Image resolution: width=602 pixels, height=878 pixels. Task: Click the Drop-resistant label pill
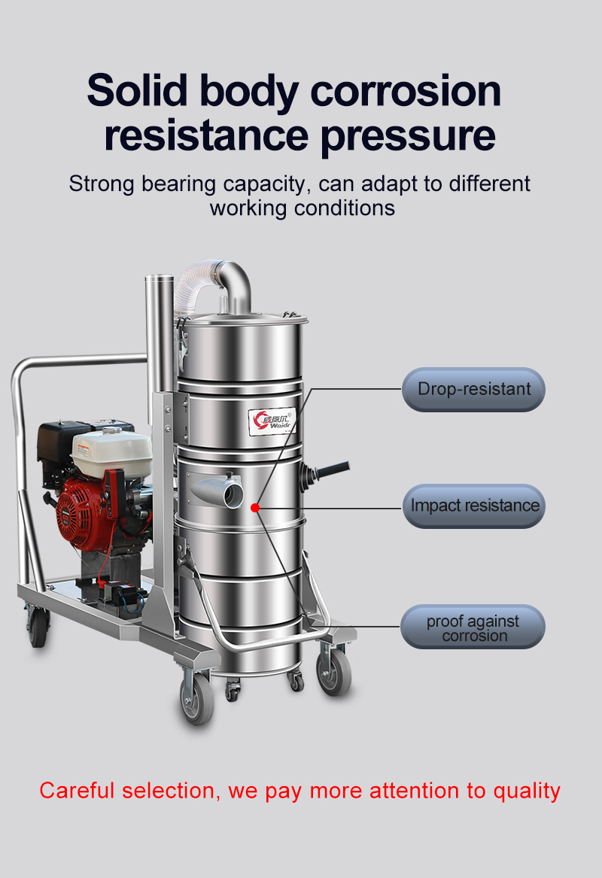coord(473,389)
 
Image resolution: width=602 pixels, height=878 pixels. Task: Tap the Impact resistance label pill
coord(474,506)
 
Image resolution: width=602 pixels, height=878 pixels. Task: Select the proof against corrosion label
coord(473,627)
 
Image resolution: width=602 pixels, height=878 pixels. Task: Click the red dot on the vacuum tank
coord(255,508)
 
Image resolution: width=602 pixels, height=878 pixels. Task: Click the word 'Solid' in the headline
coord(137,90)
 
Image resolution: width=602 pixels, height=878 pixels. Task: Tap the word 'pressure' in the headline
coord(409,136)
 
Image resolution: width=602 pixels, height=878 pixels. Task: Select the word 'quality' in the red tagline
coord(527,791)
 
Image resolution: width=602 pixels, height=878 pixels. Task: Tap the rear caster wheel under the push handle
coord(38,627)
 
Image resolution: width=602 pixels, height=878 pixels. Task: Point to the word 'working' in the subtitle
coord(248,209)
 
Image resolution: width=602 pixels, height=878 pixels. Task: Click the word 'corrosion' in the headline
coord(406,91)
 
